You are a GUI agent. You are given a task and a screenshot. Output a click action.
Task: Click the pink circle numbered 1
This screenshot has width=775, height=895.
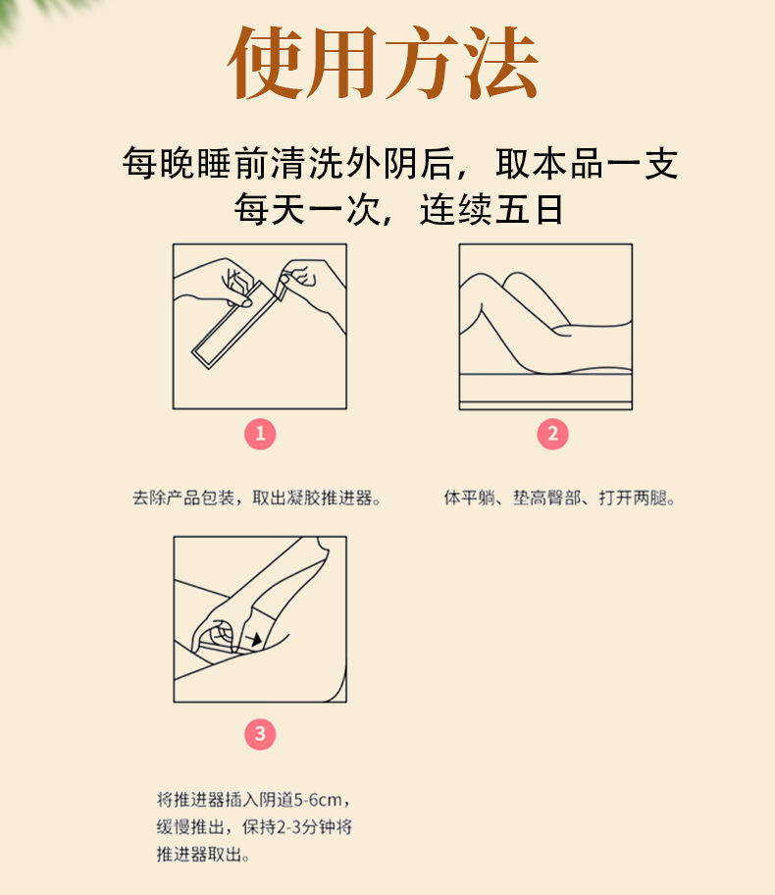(x=260, y=434)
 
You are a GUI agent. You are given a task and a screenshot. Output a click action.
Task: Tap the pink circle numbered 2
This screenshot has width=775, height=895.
(x=552, y=434)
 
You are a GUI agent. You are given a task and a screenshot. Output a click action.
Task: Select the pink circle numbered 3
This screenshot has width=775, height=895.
(x=260, y=733)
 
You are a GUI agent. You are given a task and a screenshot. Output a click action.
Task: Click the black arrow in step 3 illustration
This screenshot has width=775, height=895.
(x=253, y=639)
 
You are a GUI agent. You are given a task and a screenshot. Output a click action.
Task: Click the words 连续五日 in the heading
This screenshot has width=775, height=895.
(x=491, y=209)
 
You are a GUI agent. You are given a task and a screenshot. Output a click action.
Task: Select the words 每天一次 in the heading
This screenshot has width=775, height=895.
(x=307, y=209)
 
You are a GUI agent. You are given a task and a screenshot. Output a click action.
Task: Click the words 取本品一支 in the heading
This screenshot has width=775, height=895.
(x=587, y=164)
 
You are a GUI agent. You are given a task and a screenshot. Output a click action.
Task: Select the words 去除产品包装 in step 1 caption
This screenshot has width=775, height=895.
(x=183, y=499)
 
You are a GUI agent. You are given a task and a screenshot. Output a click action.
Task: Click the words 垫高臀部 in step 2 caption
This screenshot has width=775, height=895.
(x=546, y=499)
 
